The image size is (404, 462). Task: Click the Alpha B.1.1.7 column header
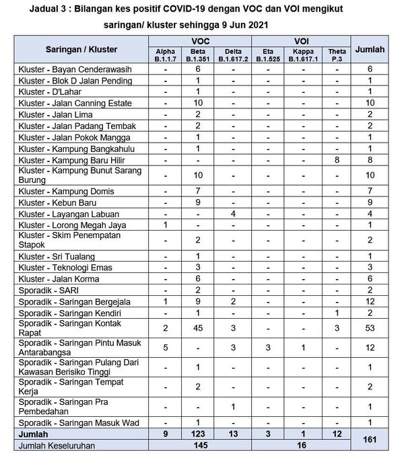pos(166,54)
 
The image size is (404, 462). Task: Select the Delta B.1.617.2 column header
pos(233,54)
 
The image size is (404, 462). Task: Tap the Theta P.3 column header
pos(335,54)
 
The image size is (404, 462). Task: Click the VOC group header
pos(199,41)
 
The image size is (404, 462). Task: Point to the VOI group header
pos(301,41)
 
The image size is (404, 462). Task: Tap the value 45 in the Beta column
pos(199,328)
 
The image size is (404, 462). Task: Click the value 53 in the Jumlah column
pos(370,328)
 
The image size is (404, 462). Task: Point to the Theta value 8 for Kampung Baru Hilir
pos(335,160)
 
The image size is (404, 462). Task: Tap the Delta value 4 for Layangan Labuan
pos(233,214)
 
